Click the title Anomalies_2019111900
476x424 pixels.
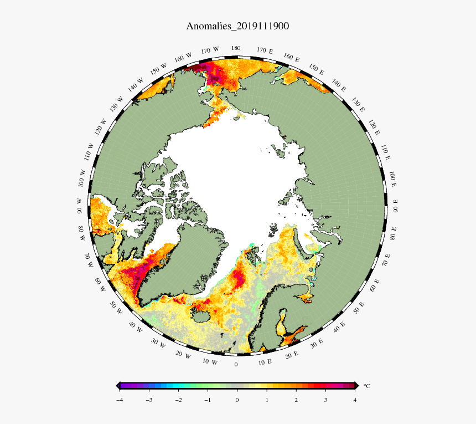[237, 26]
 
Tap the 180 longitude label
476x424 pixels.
[236, 49]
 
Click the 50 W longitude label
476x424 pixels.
[116, 308]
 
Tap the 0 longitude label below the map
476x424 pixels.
[236, 364]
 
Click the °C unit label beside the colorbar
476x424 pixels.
[366, 386]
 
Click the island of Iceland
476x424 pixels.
[203, 314]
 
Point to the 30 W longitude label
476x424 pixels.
[159, 345]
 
